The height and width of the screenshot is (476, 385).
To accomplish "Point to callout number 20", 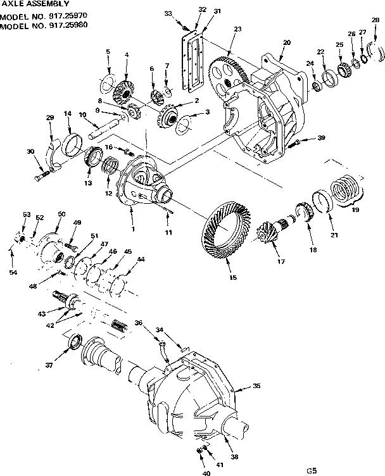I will pyautogui.click(x=286, y=42).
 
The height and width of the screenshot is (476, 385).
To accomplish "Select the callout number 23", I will pyautogui.click(x=237, y=29).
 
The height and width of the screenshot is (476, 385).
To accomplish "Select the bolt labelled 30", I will pyautogui.click(x=44, y=174).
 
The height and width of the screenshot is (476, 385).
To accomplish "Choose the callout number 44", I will pyautogui.click(x=140, y=260).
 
